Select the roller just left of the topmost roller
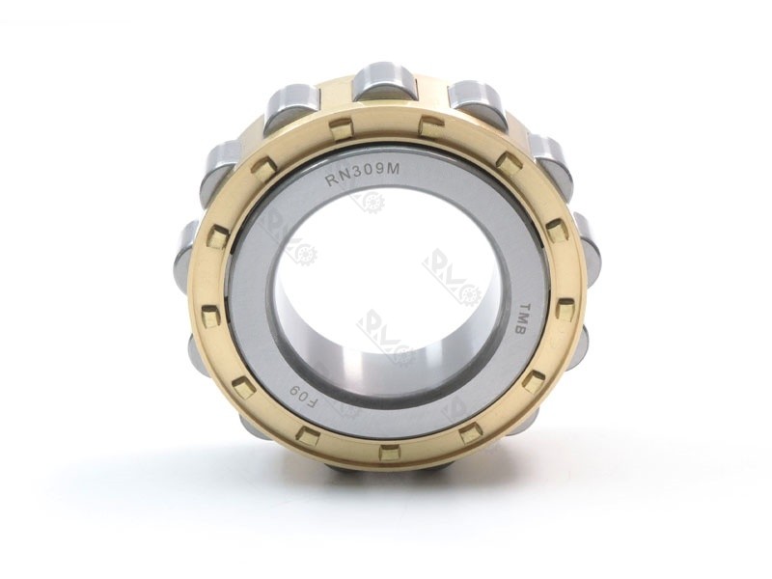[x=292, y=100]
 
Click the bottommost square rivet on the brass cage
[x=389, y=452]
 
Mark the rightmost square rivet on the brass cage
[x=566, y=309]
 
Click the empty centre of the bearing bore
[x=386, y=280]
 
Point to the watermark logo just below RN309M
[x=368, y=202]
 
